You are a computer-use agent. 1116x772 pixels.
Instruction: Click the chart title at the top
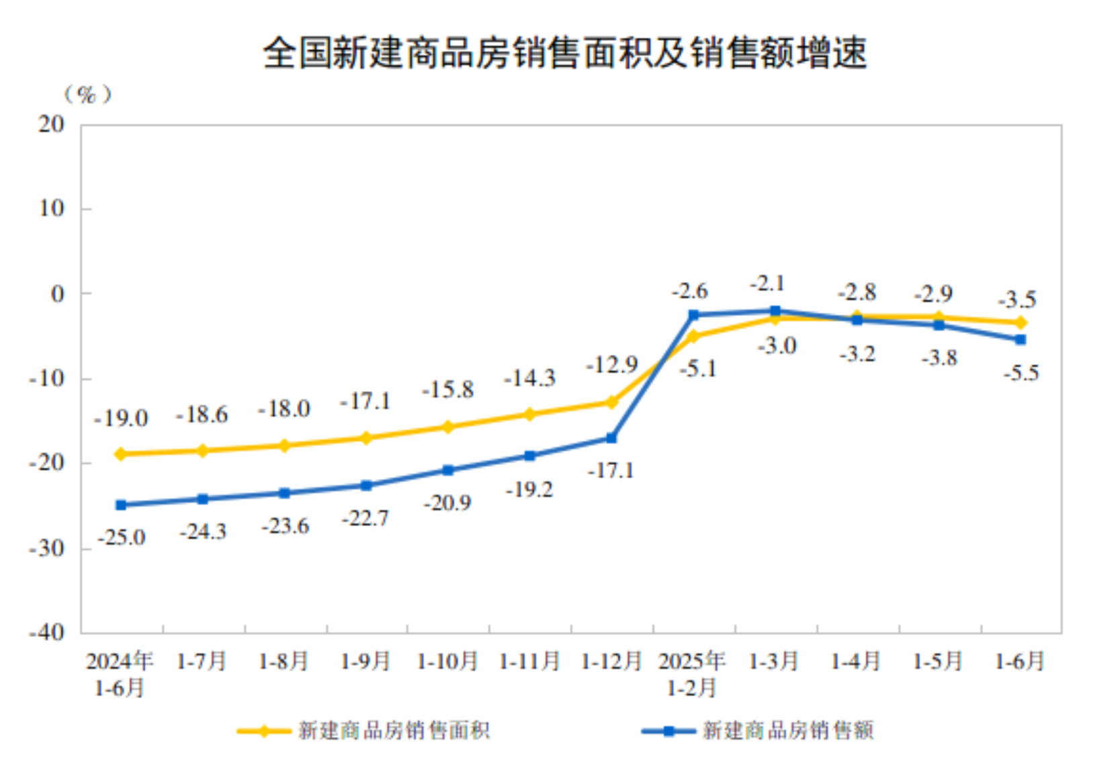coord(564,52)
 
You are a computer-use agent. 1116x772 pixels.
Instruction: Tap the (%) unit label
coord(87,95)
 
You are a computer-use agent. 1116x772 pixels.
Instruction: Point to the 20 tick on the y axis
coord(51,124)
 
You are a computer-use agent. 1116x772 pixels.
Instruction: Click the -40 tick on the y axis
coord(46,632)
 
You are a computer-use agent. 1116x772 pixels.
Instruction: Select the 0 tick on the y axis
coord(58,294)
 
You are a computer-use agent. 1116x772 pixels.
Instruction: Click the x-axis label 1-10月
coord(447,662)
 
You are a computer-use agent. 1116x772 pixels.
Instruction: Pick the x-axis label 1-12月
coord(611,662)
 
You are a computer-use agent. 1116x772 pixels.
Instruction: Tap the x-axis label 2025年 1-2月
coord(692,674)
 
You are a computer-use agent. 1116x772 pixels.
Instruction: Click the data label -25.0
coord(122,538)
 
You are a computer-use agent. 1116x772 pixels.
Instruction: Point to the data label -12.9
coord(611,365)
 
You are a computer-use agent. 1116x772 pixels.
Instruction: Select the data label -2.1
coord(767,284)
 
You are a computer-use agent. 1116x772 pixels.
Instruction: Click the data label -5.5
coord(1021,373)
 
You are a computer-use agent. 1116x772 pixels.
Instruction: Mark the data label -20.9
coord(447,503)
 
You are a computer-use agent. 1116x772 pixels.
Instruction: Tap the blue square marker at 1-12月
coord(611,438)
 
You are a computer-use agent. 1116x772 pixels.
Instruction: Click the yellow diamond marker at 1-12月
coord(611,402)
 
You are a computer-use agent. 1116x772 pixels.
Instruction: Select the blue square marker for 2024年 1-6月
coord(121,505)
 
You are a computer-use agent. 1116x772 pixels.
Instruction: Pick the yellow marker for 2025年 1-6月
coord(1021,323)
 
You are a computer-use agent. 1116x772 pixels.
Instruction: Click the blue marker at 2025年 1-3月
coord(775,311)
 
